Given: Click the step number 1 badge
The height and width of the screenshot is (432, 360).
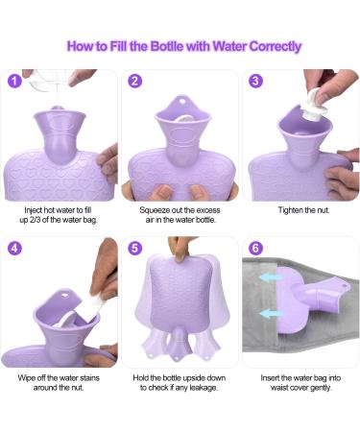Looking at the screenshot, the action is (x=14, y=81).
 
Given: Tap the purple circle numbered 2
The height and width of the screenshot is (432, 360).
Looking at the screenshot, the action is (x=134, y=81).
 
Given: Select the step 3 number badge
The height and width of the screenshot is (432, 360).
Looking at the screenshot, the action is (x=255, y=81).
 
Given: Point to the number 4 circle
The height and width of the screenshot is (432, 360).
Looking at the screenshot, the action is (x=14, y=248).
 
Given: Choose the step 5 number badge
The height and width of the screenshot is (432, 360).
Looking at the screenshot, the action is (x=134, y=248).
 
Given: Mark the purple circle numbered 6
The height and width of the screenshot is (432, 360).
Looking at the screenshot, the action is (x=255, y=248).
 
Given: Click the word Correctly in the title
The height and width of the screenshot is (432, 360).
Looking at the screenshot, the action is (x=276, y=46).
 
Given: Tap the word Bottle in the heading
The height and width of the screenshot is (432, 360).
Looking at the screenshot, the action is (x=167, y=46).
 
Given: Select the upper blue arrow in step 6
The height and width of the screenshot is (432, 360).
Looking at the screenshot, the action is (x=272, y=277).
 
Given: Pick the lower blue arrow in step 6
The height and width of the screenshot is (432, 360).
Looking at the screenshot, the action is (x=272, y=313).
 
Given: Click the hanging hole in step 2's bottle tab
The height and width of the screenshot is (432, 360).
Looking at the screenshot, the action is (x=182, y=102).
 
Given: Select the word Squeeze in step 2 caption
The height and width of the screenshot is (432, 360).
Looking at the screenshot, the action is (x=153, y=210).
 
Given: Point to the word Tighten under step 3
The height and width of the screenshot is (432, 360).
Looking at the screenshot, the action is (x=290, y=210).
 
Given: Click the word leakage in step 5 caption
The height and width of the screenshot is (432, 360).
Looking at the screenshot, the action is (x=204, y=388).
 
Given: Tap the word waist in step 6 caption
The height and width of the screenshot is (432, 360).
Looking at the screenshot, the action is (x=278, y=388).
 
